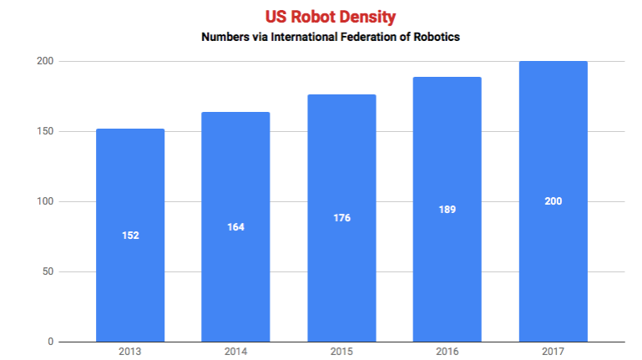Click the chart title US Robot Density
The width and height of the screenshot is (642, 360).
[331, 17]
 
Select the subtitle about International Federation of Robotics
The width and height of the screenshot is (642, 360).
[331, 37]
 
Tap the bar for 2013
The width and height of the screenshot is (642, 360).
[130, 235]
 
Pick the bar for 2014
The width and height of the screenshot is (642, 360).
[235, 226]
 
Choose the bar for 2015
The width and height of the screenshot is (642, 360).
[342, 218]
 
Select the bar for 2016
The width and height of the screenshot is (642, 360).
[447, 209]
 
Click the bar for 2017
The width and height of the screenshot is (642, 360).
[554, 201]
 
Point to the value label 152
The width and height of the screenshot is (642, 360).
[130, 236]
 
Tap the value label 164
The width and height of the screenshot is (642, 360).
[235, 227]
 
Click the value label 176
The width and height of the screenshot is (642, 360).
[342, 218]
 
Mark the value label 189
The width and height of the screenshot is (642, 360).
[447, 210]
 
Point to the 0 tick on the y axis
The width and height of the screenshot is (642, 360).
[50, 342]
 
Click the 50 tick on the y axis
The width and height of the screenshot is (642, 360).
[48, 271]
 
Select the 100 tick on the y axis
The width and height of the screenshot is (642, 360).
[45, 201]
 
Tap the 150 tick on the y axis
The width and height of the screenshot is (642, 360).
[45, 131]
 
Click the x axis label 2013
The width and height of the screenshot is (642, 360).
[129, 352]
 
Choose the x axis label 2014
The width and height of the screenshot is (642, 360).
[235, 352]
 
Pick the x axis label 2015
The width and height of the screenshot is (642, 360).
[341, 352]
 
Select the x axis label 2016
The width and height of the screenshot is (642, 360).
[447, 352]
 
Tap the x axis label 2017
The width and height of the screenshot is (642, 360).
[554, 352]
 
